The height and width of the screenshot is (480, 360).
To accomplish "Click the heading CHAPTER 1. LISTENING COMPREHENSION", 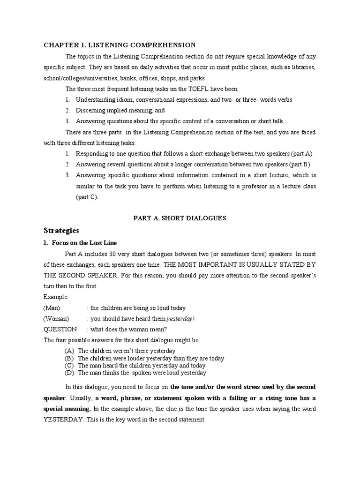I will [120, 45].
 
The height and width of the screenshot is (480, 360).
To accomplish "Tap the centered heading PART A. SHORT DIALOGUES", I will [180, 218].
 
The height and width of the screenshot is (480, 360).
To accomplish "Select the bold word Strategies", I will [62, 230].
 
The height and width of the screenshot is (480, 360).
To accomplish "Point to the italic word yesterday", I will [179, 319].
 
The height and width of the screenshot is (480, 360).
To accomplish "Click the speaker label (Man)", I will [52, 308].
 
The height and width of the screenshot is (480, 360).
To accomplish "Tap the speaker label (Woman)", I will [56, 319].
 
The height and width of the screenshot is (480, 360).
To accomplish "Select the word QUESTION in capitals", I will [60, 329].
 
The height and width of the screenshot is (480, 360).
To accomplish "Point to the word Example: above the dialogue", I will [56, 297].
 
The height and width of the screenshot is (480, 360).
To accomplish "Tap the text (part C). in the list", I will [88, 197].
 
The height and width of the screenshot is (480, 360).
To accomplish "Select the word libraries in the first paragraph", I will [302, 67].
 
